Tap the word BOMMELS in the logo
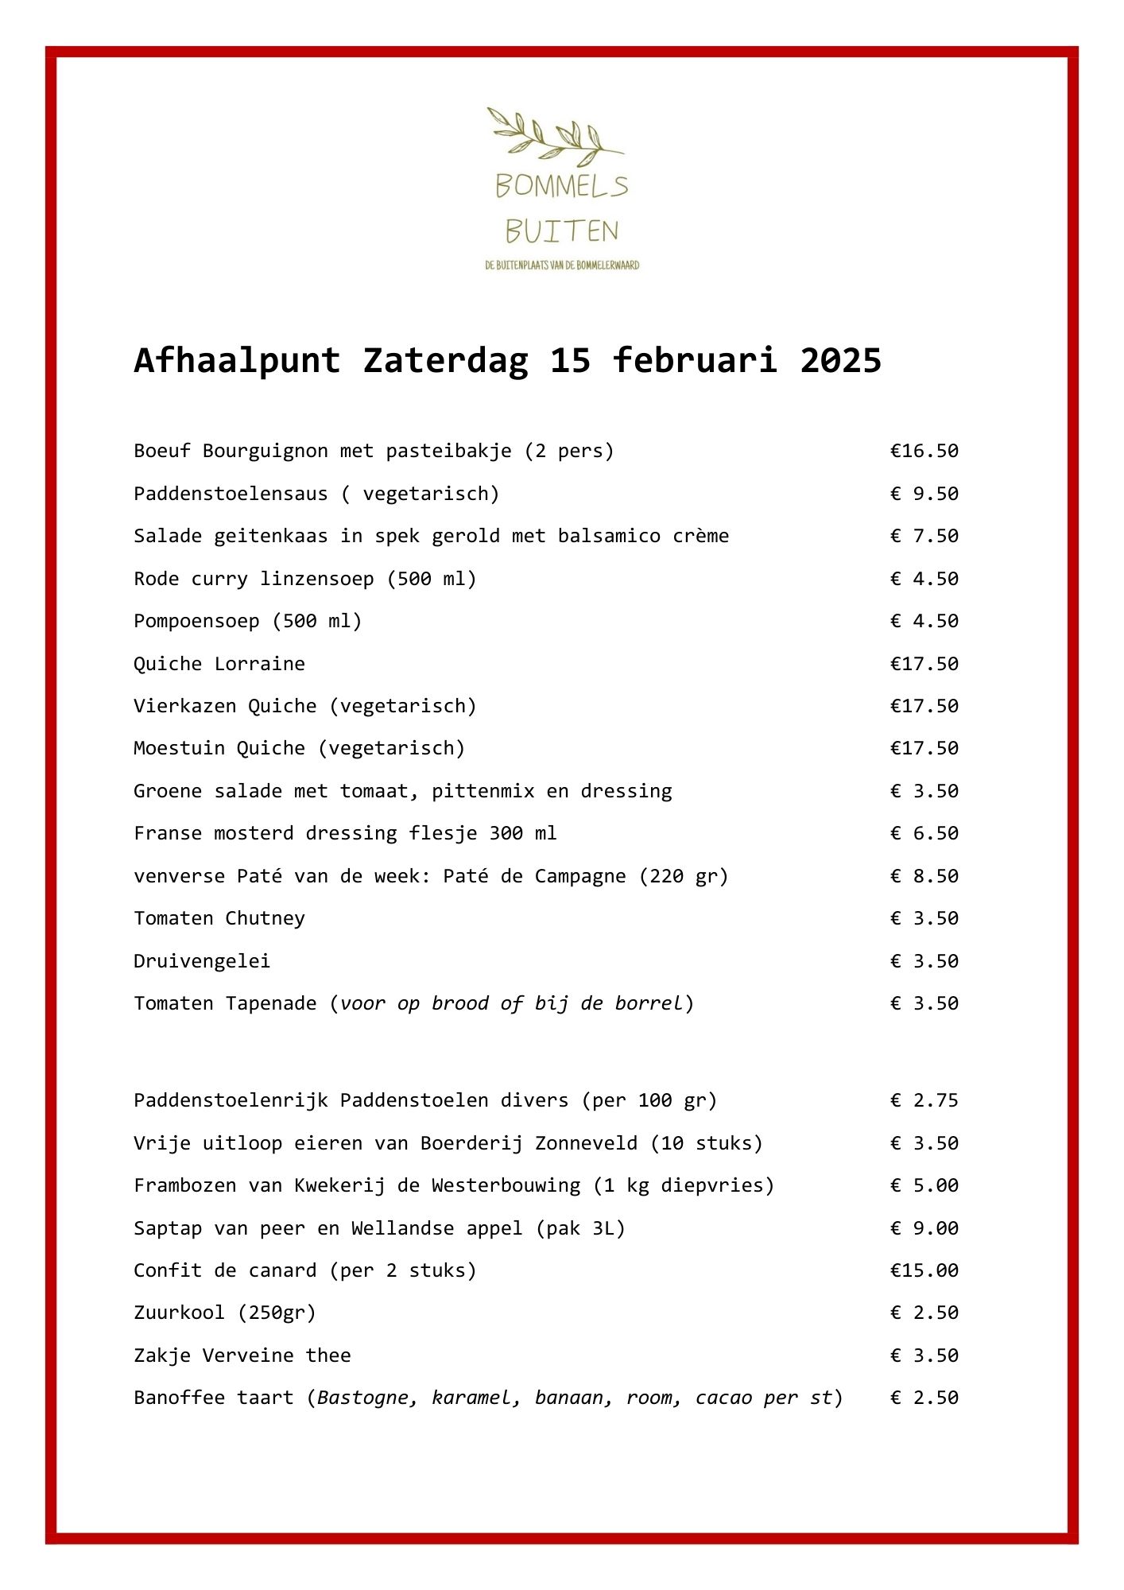(x=561, y=187)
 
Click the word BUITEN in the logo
(x=561, y=231)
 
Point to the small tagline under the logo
(x=562, y=266)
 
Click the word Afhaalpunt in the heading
(x=237, y=360)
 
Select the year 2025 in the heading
(x=840, y=360)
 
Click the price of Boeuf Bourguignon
(x=924, y=452)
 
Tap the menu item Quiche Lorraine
(x=219, y=664)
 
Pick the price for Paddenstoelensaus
(x=924, y=494)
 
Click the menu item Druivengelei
(x=202, y=961)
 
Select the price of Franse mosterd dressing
(x=924, y=833)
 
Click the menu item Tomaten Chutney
(x=219, y=918)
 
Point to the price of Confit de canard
(x=924, y=1270)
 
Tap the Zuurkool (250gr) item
(x=225, y=1313)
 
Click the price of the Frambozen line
(x=924, y=1185)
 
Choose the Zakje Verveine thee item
(x=242, y=1355)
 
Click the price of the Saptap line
(x=924, y=1228)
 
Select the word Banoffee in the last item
(x=180, y=1398)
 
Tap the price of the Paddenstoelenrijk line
(x=924, y=1100)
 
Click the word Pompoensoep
(x=196, y=621)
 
